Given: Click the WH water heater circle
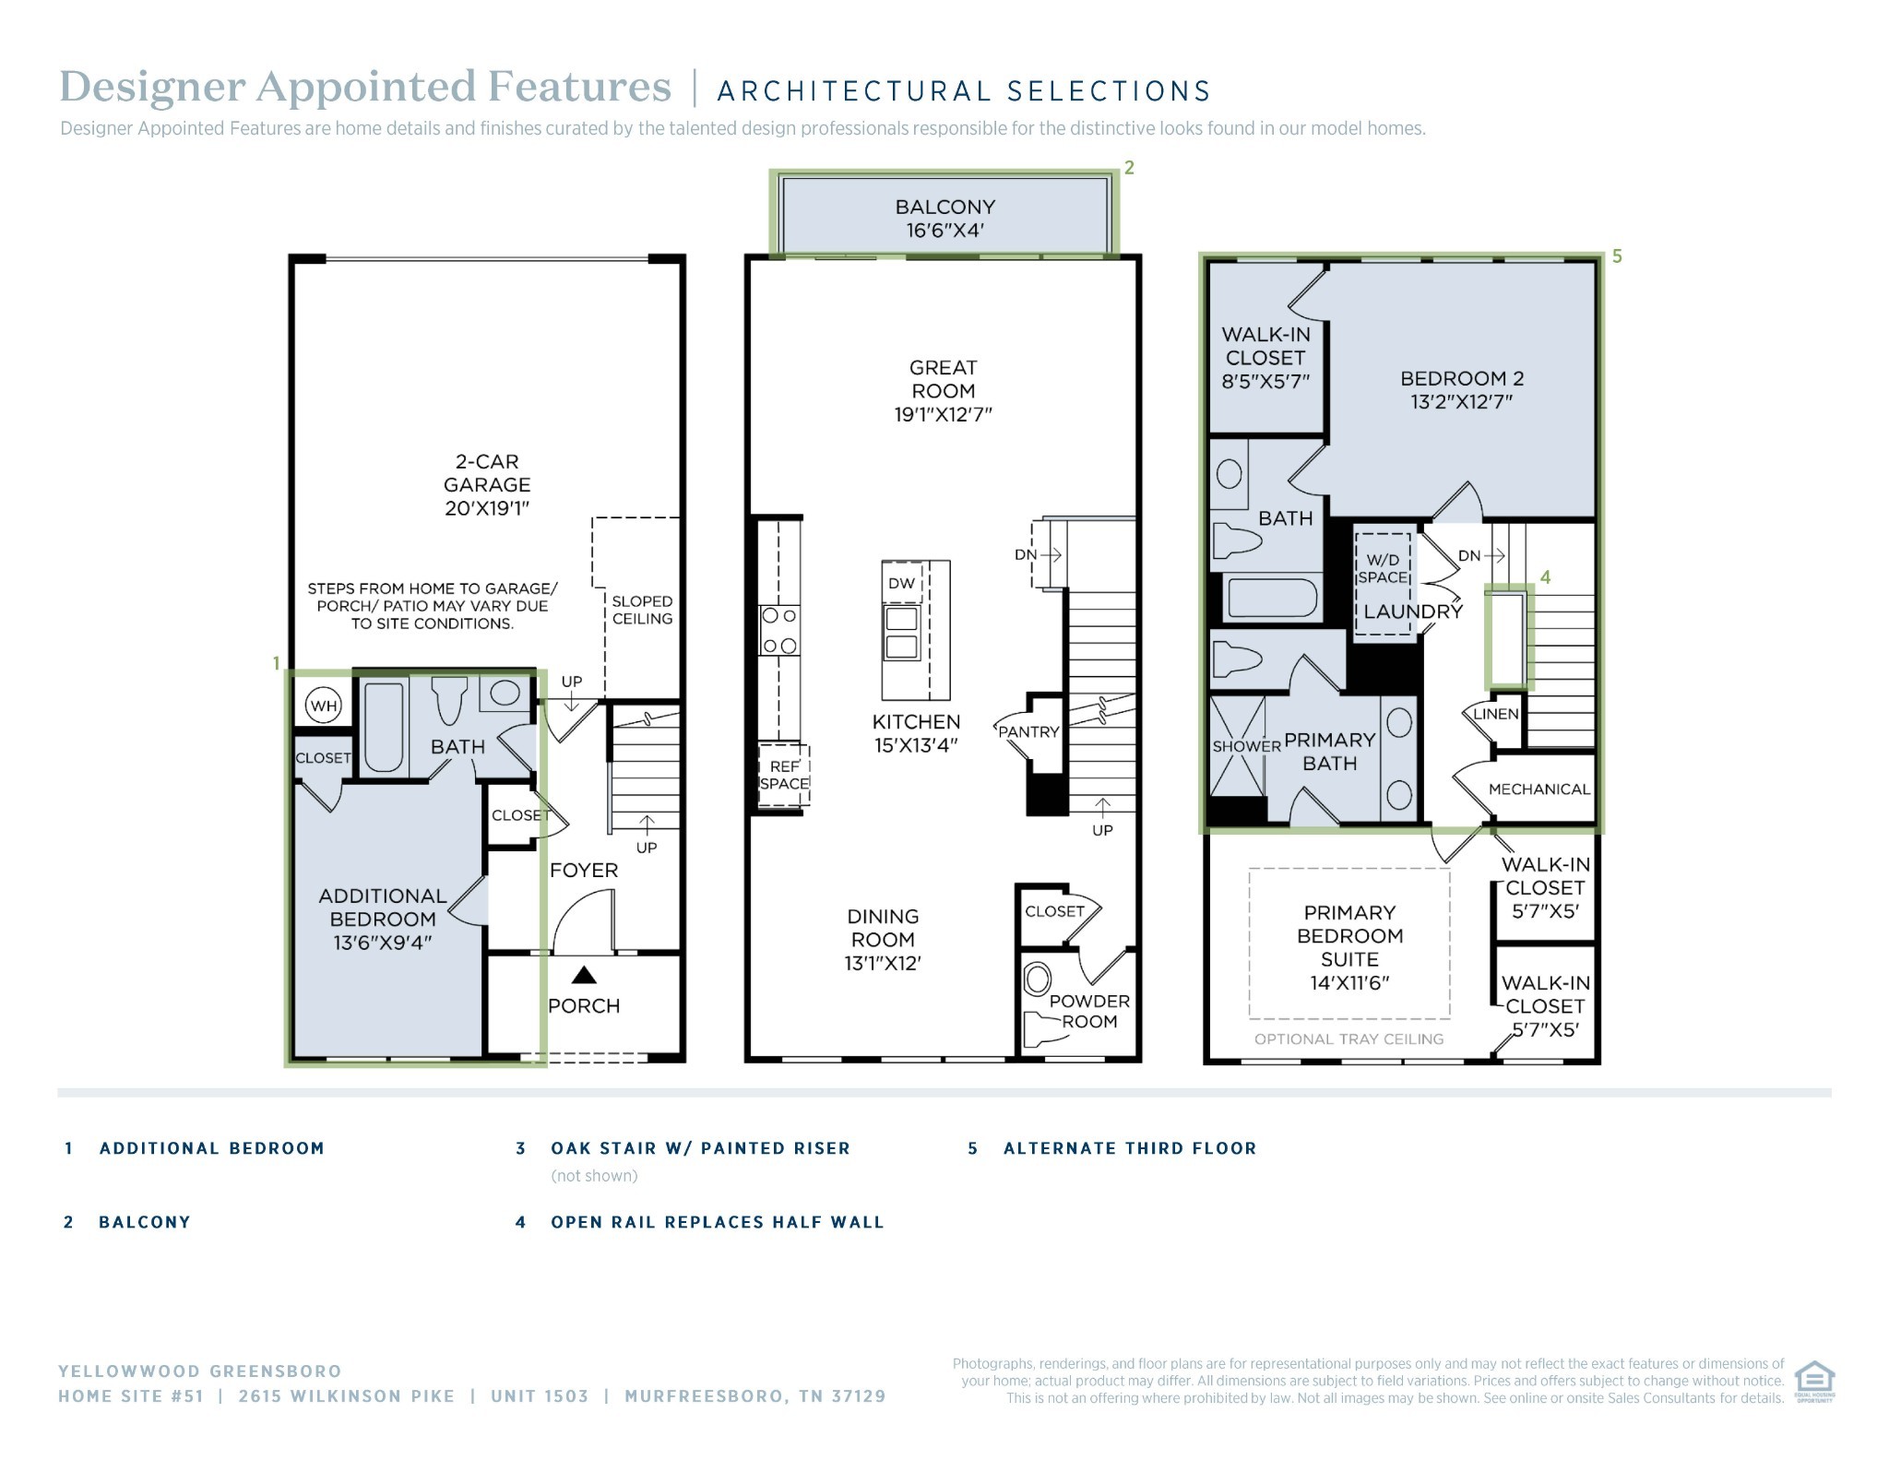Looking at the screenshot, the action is (324, 706).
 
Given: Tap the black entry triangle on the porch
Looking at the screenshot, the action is (584, 975).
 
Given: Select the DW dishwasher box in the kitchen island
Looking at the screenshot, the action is (901, 583).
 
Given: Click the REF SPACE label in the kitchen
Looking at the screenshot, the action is (784, 775).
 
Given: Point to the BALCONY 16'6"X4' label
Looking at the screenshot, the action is (945, 219).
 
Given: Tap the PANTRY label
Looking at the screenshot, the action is (1028, 731).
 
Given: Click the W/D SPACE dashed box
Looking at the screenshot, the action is (1383, 584).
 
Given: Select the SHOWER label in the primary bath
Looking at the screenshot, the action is (1246, 746).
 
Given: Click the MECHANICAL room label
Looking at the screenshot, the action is (1539, 789).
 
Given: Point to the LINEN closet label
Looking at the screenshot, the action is (1496, 714).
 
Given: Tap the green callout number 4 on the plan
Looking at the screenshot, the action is (1546, 577).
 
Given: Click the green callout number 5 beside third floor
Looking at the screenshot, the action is (1617, 256).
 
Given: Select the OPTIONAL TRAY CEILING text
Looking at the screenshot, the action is (1348, 1039).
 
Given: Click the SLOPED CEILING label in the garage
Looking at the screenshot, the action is (642, 610).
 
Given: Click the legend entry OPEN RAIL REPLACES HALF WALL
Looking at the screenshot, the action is (718, 1222).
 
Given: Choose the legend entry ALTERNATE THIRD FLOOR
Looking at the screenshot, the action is (1130, 1148).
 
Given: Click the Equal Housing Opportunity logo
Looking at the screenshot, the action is (1814, 1381).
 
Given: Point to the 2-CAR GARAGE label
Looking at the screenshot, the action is (487, 484).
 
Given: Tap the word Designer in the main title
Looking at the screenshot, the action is (152, 89).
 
